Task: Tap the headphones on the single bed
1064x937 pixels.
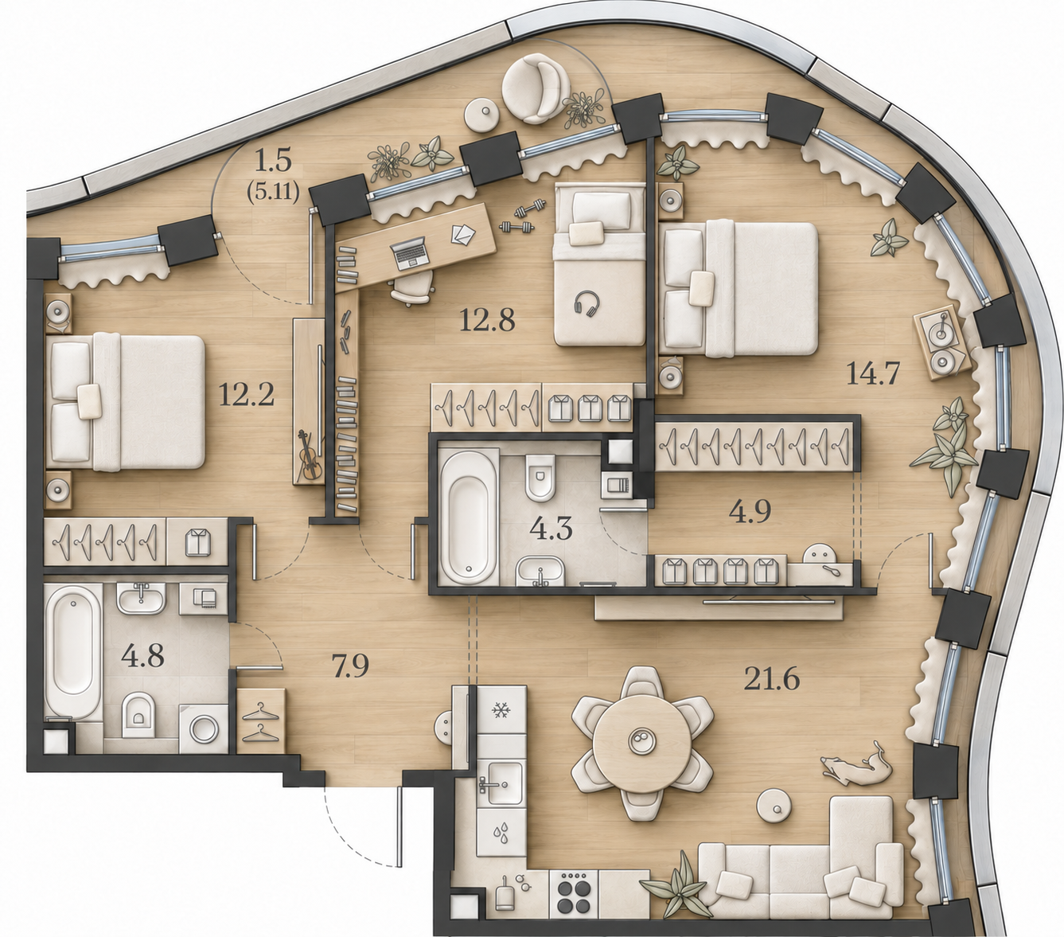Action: [587, 304]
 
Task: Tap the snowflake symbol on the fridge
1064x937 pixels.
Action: [501, 712]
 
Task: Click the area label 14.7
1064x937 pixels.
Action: [873, 374]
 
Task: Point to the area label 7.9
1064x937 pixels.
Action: [350, 666]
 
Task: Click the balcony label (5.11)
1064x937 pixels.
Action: [273, 193]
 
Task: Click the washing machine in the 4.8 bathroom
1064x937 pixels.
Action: [204, 729]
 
